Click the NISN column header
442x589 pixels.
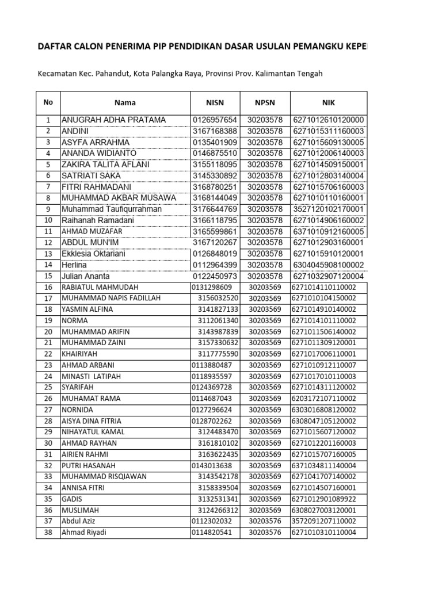click(214, 102)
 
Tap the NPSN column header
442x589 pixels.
click(265, 102)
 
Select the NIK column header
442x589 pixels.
click(329, 102)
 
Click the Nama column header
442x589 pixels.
click(125, 102)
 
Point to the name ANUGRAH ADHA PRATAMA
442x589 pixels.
click(113, 120)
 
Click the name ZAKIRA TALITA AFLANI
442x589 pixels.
click(105, 165)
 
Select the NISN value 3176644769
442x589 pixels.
click(215, 209)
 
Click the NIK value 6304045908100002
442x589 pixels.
click(329, 265)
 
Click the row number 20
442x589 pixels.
click(48, 332)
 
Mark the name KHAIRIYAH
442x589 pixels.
click(81, 354)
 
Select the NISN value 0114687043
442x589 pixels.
click(212, 399)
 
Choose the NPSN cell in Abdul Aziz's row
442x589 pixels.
click(265, 521)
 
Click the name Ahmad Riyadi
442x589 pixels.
click(84, 533)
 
